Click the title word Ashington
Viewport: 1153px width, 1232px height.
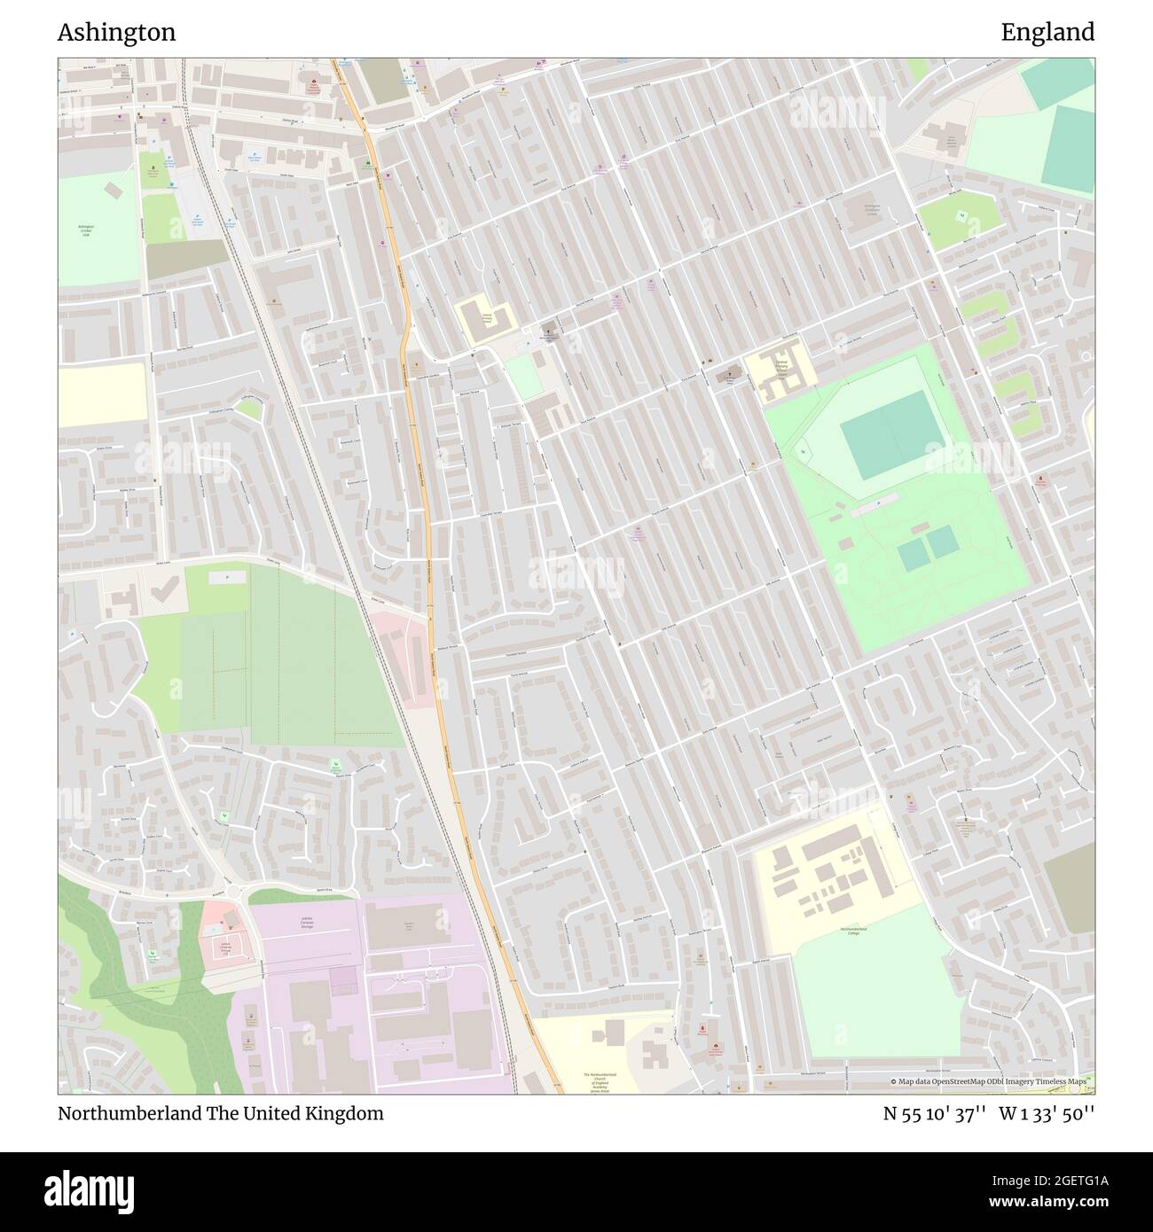point(116,33)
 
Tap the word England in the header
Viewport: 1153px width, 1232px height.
point(1047,33)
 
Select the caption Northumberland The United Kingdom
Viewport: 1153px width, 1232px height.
point(221,1113)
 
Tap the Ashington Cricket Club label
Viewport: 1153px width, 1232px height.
point(86,230)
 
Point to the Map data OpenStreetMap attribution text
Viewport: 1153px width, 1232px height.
point(992,1081)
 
